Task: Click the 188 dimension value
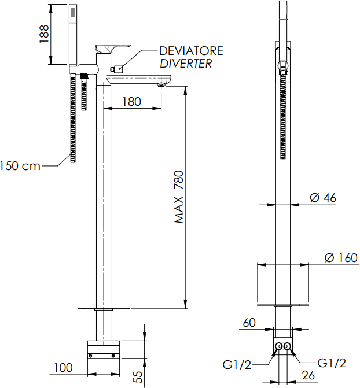[x=43, y=34]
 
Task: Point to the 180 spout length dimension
[x=132, y=102]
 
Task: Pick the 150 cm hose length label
[x=20, y=166]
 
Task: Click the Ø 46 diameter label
[x=323, y=198]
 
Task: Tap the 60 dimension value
[x=250, y=323]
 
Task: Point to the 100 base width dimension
[x=65, y=367]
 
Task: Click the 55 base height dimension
[x=138, y=377]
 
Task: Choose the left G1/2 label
[x=237, y=364]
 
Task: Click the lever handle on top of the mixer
[x=113, y=47]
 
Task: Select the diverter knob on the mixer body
[x=117, y=69]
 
